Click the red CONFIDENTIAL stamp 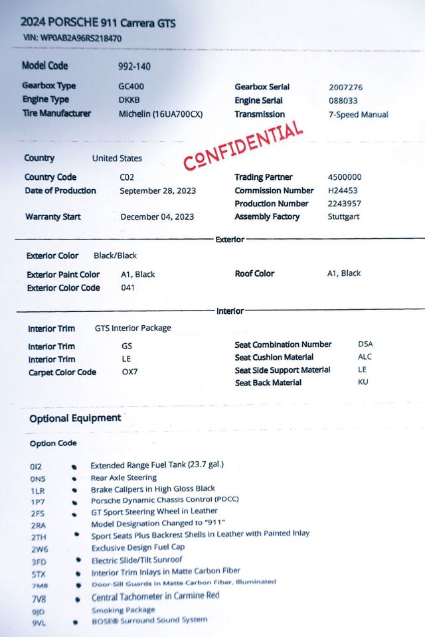(x=243, y=145)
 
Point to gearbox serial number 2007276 (x=346, y=88)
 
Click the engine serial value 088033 (x=343, y=101)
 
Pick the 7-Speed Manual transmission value (x=358, y=114)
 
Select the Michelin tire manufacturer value (x=160, y=114)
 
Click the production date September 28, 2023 (x=158, y=191)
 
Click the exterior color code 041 (x=128, y=288)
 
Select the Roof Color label (x=254, y=273)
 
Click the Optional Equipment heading (x=75, y=418)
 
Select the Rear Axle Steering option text (x=124, y=477)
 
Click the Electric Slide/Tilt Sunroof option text (x=137, y=559)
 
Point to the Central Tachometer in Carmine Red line (x=155, y=596)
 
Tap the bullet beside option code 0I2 (x=74, y=466)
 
